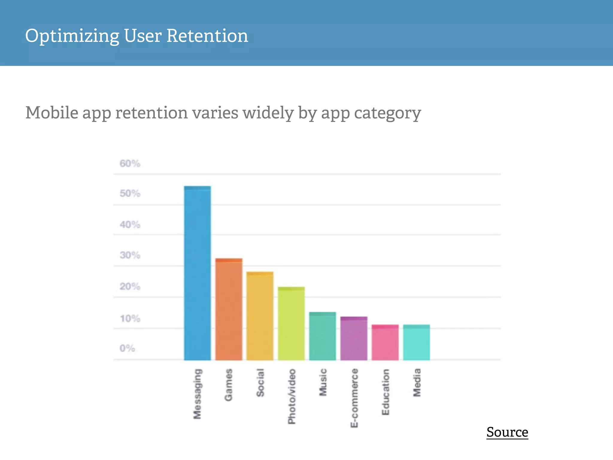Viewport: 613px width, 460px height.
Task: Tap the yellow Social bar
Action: click(x=260, y=316)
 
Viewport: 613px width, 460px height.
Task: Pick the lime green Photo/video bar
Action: click(x=291, y=323)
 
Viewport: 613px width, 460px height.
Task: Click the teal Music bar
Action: click(x=322, y=336)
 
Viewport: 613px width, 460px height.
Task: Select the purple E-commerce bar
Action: click(x=354, y=338)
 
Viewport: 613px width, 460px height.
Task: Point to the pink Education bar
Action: click(x=385, y=342)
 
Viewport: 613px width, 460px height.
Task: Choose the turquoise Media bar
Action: click(x=416, y=342)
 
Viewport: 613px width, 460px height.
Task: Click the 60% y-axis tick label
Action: click(x=130, y=164)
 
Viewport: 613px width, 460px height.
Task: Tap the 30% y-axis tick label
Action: click(x=130, y=255)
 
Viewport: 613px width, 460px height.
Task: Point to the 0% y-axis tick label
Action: click(x=127, y=348)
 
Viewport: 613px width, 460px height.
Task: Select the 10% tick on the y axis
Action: click(x=130, y=318)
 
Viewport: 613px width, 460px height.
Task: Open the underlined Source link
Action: click(x=507, y=432)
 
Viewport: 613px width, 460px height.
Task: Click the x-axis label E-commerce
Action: click(x=354, y=398)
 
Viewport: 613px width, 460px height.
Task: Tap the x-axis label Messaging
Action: click(x=197, y=394)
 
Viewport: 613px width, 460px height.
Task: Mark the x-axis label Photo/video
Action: click(x=292, y=397)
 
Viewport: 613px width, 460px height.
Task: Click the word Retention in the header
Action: click(x=207, y=36)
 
